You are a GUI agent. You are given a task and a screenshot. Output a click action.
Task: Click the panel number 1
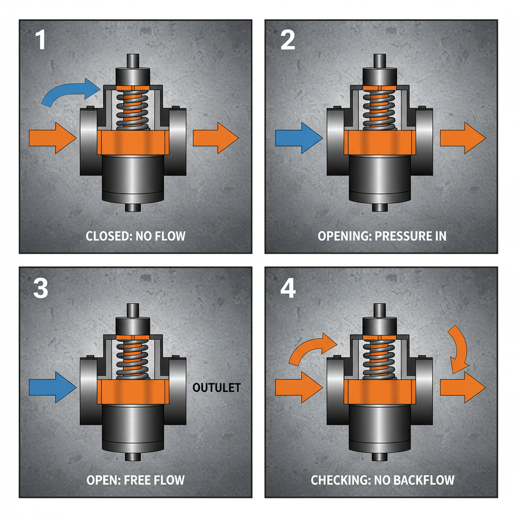coord(40,40)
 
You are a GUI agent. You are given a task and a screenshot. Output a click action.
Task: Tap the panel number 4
coord(288,288)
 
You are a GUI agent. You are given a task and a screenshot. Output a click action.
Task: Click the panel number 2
coord(288,40)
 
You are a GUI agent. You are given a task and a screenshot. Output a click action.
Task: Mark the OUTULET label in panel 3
coord(217,388)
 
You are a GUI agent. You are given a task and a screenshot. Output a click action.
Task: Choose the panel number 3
coord(40,288)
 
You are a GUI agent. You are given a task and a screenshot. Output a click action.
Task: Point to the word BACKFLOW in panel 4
coord(424,479)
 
